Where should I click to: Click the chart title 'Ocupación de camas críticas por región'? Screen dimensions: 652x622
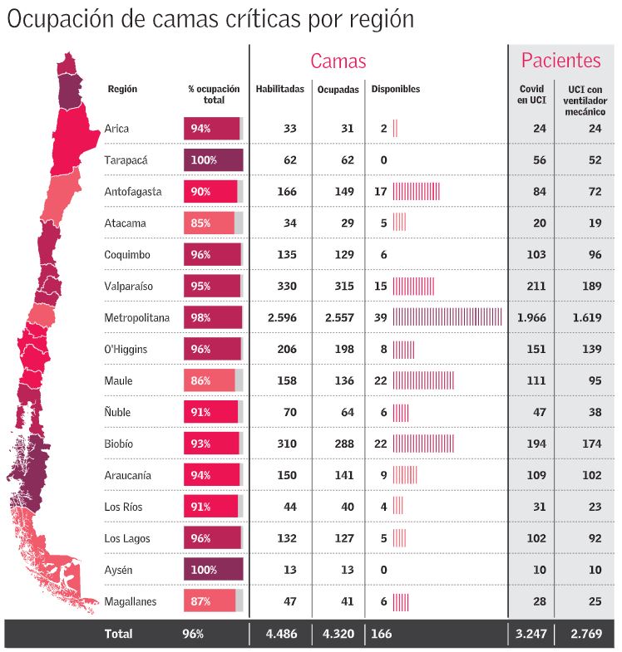point(210,20)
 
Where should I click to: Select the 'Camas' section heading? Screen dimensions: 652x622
point(338,61)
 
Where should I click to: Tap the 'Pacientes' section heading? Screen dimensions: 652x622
point(560,60)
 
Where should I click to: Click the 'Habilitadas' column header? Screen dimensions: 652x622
point(279,89)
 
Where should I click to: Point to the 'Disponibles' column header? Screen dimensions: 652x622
point(396,89)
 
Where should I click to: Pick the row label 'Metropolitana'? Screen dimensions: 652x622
point(137,318)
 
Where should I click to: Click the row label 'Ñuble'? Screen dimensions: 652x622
point(118,413)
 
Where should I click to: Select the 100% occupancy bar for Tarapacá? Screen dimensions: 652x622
point(213,160)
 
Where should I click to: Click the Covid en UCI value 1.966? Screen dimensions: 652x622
point(532,318)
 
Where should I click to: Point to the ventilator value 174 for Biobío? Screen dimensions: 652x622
point(591,444)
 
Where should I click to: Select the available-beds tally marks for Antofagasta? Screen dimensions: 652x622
point(416,192)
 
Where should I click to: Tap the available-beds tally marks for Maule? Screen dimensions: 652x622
point(423,381)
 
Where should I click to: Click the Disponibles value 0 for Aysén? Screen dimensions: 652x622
point(383,571)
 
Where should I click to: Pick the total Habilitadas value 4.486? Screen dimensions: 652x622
point(281,635)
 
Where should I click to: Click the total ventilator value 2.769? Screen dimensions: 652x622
point(587,635)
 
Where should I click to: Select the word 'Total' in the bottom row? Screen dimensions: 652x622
point(118,635)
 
